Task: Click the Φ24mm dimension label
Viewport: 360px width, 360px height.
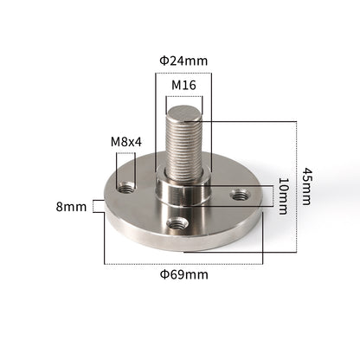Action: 183,61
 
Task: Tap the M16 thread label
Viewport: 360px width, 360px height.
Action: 183,86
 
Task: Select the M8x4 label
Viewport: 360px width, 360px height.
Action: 126,142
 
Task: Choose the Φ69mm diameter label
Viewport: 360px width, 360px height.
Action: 183,275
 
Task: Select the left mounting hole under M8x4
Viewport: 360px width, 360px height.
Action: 126,186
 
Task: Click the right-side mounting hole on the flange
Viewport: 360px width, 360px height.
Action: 239,196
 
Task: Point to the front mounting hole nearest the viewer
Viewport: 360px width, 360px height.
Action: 178,223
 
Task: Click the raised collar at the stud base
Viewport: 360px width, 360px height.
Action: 183,192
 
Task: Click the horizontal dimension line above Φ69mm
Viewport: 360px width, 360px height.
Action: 183,262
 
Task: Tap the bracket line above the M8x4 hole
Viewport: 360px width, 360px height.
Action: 126,154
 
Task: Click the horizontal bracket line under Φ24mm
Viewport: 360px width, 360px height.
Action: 183,73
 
